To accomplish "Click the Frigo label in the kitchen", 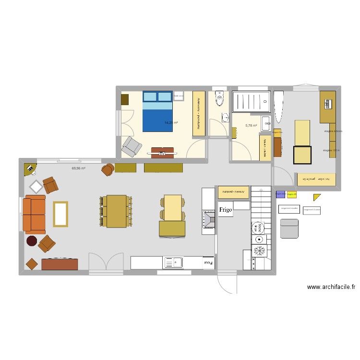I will click(226, 210).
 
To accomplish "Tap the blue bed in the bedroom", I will click(157, 111).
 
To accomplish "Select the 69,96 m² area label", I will click(79, 168).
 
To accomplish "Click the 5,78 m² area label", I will click(251, 126).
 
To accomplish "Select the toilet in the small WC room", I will click(220, 99).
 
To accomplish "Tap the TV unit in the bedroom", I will click(162, 153).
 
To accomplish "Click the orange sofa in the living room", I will click(35, 214).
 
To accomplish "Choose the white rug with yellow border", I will click(60, 214).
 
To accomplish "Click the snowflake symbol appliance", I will click(260, 251).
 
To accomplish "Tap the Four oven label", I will click(208, 263).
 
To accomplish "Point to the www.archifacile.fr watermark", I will click(331, 288).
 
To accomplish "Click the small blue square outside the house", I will click(280, 194).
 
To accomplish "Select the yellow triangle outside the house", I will click(316, 197).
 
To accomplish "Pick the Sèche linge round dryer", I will click(259, 227).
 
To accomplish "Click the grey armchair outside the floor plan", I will click(289, 228).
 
